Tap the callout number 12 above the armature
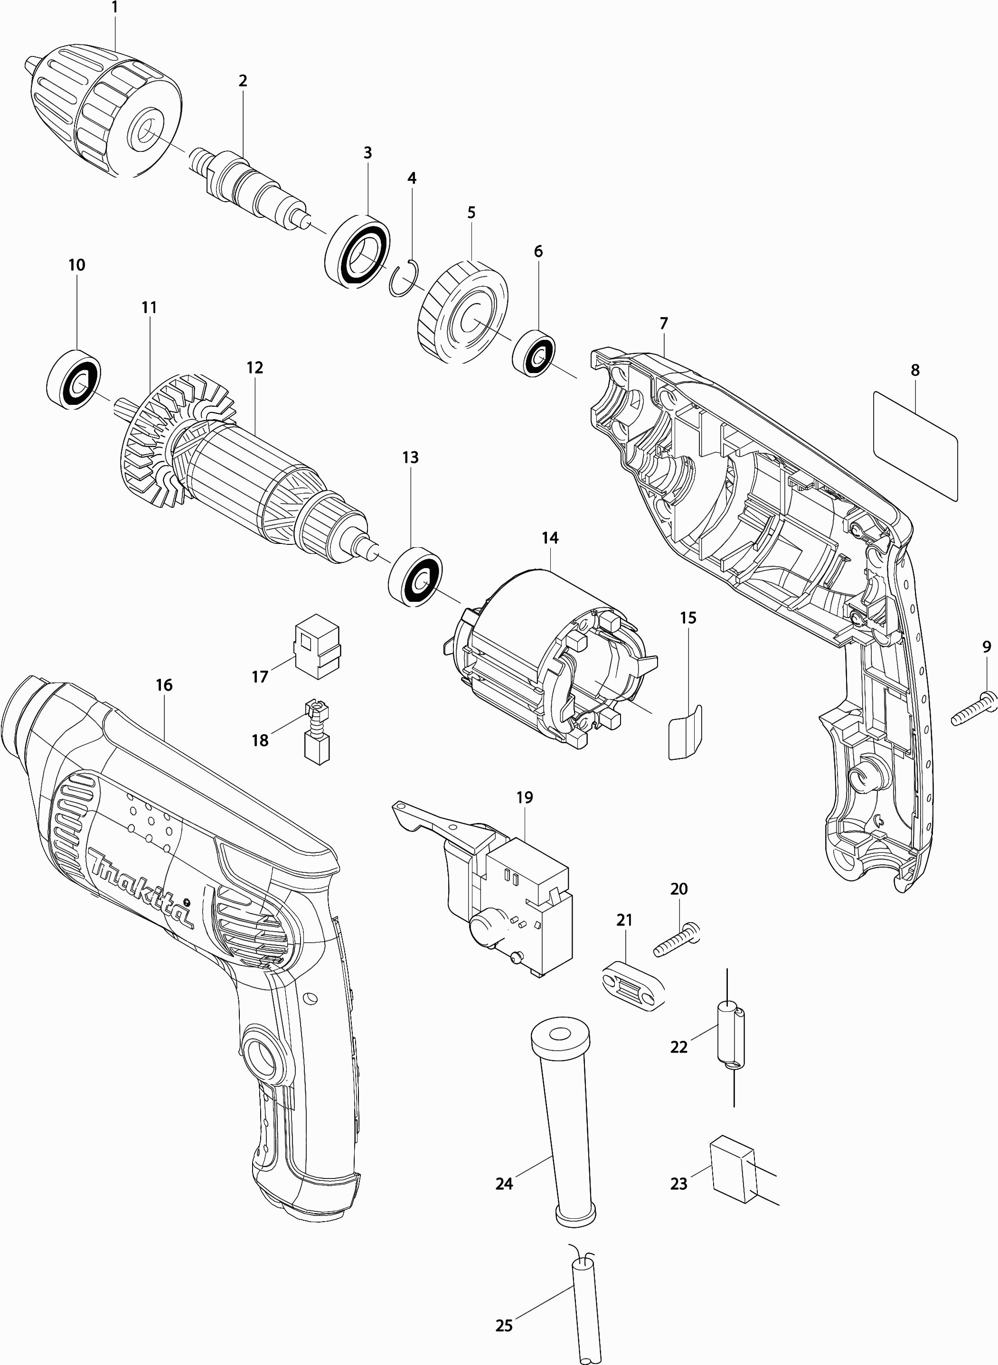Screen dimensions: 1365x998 pyautogui.click(x=254, y=367)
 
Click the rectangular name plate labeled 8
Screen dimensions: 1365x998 pyautogui.click(x=915, y=445)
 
